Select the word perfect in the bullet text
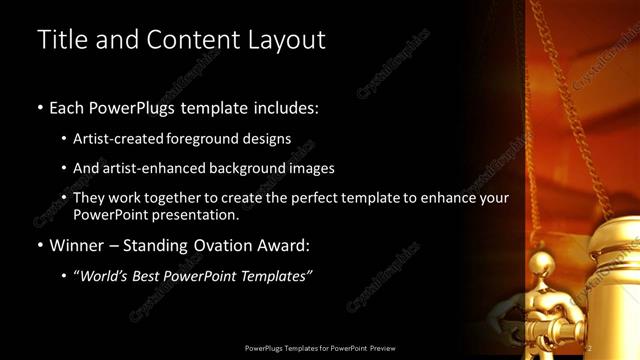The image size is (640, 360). coord(311,198)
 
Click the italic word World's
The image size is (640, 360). coord(104,276)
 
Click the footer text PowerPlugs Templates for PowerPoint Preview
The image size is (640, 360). coord(320,347)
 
